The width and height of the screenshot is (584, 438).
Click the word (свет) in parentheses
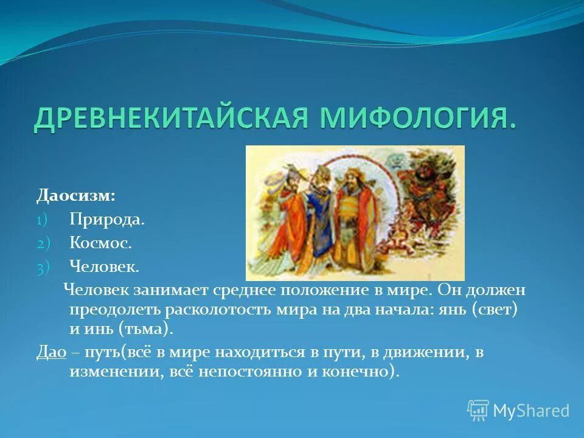[496, 309]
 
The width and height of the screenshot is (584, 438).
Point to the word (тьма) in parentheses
[148, 329]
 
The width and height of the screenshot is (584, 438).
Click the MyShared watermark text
[530, 411]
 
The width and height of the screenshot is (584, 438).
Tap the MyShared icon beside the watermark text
[478, 411]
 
